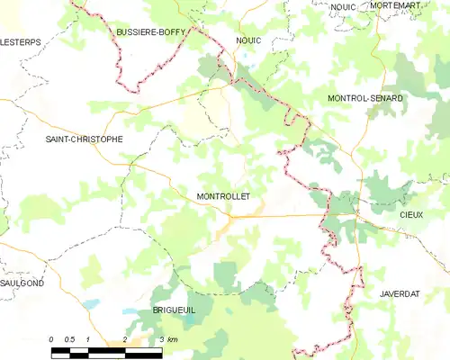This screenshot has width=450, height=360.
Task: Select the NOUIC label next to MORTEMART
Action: (343, 6)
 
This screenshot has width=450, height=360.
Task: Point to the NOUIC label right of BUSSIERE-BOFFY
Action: (247, 40)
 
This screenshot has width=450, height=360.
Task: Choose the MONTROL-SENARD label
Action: (365, 97)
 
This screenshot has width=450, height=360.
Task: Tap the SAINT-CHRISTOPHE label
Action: (84, 139)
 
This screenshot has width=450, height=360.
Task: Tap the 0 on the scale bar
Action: (51, 338)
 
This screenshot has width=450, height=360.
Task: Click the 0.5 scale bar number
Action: (68, 338)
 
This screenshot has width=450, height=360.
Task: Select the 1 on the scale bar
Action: (87, 338)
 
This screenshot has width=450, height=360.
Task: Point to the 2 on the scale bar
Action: (124, 338)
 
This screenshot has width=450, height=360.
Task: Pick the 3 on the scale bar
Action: (161, 338)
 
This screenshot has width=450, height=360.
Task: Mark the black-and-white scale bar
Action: (106, 350)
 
